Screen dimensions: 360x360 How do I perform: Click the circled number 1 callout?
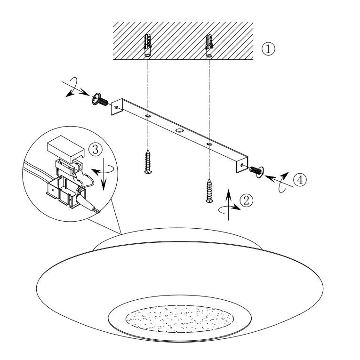click(x=268, y=48)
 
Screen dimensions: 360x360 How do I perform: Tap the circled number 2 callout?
click(x=246, y=200)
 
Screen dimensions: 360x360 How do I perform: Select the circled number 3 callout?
click(x=95, y=150)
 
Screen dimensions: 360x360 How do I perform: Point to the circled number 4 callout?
click(x=300, y=180)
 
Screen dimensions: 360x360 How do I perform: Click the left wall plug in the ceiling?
click(x=148, y=46)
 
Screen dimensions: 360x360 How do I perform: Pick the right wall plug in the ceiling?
click(x=209, y=46)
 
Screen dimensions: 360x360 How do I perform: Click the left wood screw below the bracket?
click(x=148, y=161)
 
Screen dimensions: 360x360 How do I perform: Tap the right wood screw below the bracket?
click(x=209, y=191)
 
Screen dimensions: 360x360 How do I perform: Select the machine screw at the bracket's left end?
click(x=100, y=99)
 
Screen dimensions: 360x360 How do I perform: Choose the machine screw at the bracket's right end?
click(x=256, y=171)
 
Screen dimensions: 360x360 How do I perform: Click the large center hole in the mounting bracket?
click(x=180, y=131)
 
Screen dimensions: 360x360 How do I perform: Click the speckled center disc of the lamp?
click(x=180, y=319)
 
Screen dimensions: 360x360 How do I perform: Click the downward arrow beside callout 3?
click(x=104, y=174)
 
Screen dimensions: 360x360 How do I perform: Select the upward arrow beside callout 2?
click(x=228, y=205)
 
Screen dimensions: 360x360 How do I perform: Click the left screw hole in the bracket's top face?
click(x=148, y=116)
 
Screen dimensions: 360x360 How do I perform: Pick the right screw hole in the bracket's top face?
click(x=209, y=144)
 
